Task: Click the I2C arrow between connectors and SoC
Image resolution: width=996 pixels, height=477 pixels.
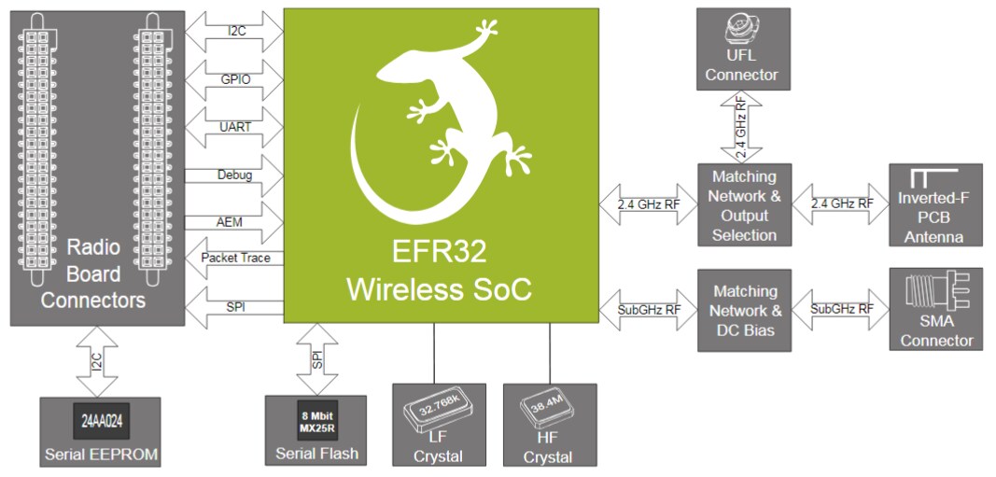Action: pos(236,31)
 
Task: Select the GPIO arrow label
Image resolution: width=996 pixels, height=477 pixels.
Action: pos(236,80)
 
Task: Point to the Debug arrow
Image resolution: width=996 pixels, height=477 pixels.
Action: pos(236,175)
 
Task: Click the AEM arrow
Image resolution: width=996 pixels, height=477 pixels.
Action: pos(236,222)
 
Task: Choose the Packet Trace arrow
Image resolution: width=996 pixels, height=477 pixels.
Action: pos(236,259)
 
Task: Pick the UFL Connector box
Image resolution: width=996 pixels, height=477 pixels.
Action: pos(742,49)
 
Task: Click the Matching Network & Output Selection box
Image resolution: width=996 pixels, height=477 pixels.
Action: pos(744,204)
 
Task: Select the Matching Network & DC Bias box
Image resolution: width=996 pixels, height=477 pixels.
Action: pos(744,310)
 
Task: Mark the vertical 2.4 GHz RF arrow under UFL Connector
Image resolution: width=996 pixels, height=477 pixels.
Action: pos(741,126)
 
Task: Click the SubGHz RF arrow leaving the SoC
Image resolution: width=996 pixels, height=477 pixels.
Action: pos(647,309)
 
